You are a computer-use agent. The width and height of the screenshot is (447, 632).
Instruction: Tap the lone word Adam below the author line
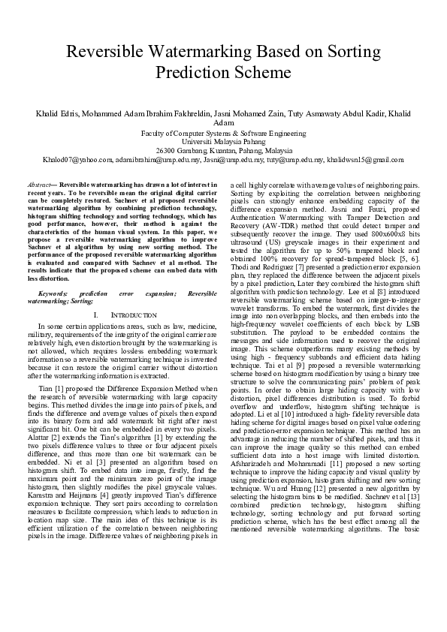pyautogui.click(x=223, y=122)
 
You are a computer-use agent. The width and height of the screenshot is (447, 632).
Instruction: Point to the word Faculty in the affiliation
pyautogui.click(x=156, y=132)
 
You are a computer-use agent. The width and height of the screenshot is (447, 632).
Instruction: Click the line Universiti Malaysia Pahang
pyautogui.click(x=223, y=141)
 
